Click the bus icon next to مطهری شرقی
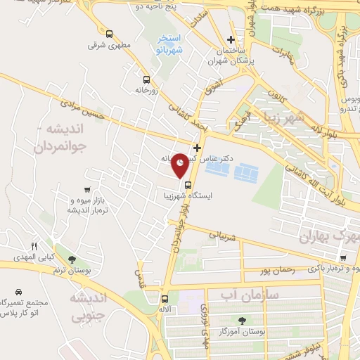click(x=108, y=34)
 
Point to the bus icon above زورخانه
click(x=146, y=79)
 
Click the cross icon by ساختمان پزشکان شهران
click(x=231, y=39)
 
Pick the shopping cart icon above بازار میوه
click(x=86, y=189)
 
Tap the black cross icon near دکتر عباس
click(x=197, y=148)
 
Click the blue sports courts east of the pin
click(x=245, y=172)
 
